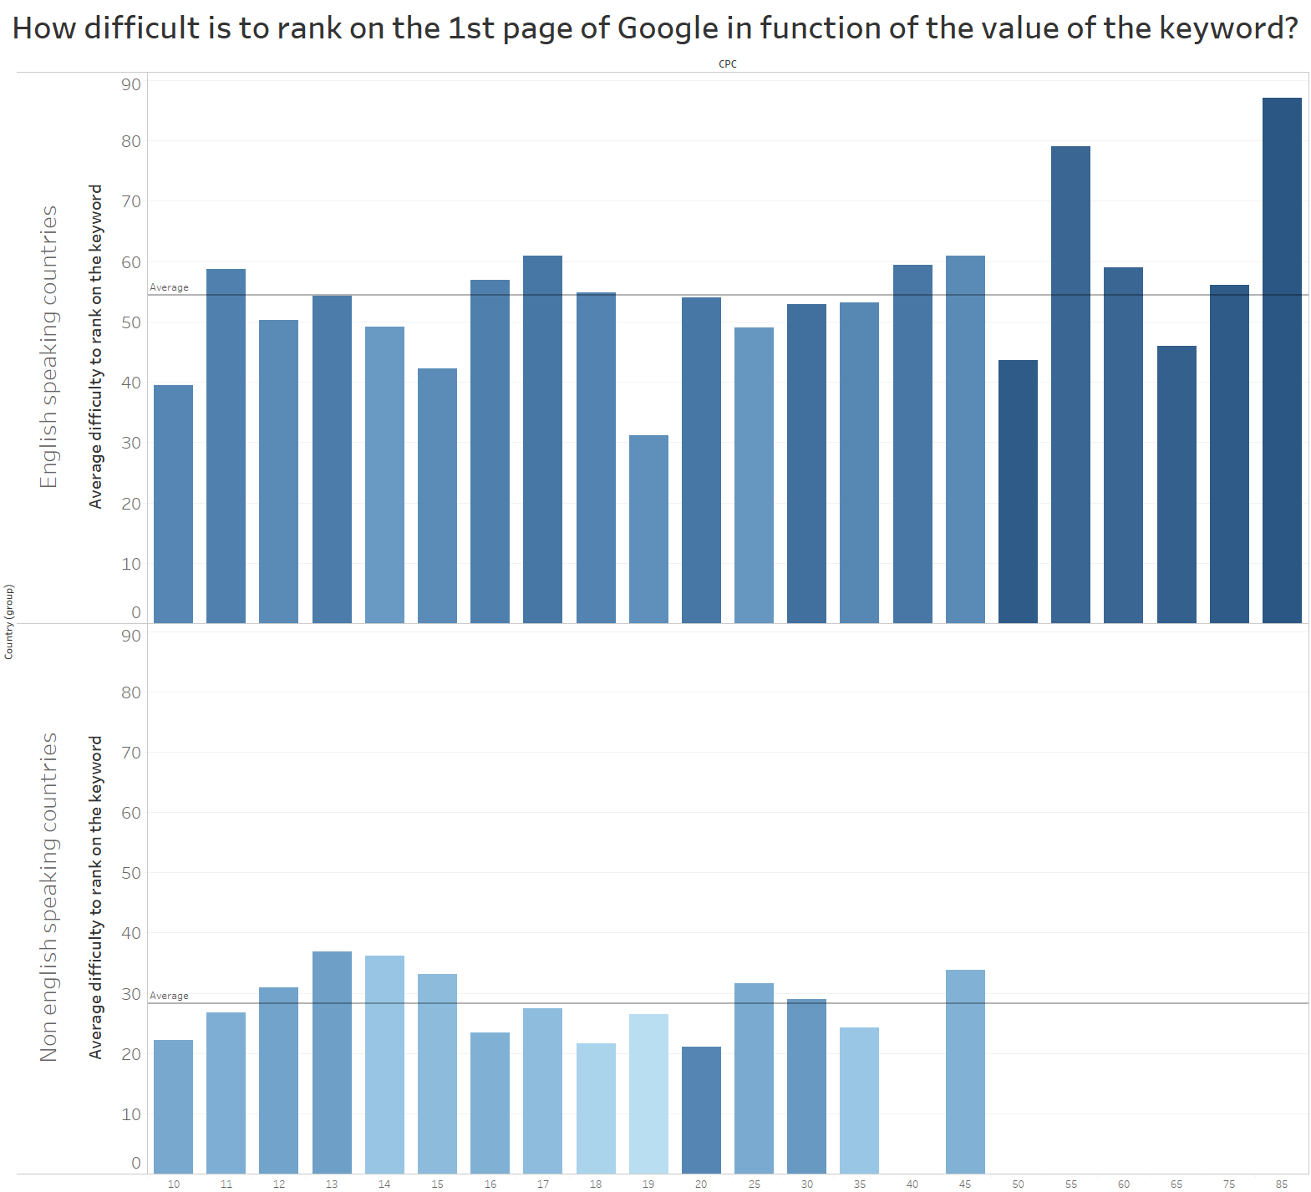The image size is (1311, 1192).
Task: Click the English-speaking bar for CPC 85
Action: pyautogui.click(x=1282, y=359)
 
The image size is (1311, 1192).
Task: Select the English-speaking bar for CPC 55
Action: pyautogui.click(x=1070, y=384)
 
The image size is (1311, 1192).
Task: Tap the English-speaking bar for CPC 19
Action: pyautogui.click(x=648, y=529)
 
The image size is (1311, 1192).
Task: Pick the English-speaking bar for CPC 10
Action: pyautogui.click(x=173, y=504)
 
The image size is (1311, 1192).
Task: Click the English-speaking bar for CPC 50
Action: pyautogui.click(x=1018, y=491)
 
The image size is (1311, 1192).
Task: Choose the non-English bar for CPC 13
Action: pyautogui.click(x=332, y=1063)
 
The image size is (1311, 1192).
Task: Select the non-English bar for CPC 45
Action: pyautogui.click(x=965, y=1072)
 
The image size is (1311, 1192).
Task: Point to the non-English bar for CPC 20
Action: pyautogui.click(x=701, y=1110)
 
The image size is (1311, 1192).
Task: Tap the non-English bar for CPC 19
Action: pyautogui.click(x=648, y=1094)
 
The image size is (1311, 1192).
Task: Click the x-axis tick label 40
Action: pyautogui.click(x=912, y=1184)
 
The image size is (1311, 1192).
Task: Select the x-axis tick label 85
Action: pyautogui.click(x=1282, y=1184)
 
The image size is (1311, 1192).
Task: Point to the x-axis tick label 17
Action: pyautogui.click(x=543, y=1184)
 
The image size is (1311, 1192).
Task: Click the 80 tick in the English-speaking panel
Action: pyautogui.click(x=131, y=141)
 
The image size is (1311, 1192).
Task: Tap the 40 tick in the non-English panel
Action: pyautogui.click(x=131, y=933)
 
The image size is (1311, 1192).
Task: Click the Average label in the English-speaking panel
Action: pyautogui.click(x=169, y=287)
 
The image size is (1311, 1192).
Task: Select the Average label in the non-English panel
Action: pyautogui.click(x=169, y=996)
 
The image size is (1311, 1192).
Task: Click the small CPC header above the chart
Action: pyautogui.click(x=728, y=64)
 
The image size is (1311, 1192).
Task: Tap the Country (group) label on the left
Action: pyautogui.click(x=9, y=621)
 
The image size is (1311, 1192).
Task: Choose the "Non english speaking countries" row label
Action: pyautogui.click(x=49, y=897)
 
